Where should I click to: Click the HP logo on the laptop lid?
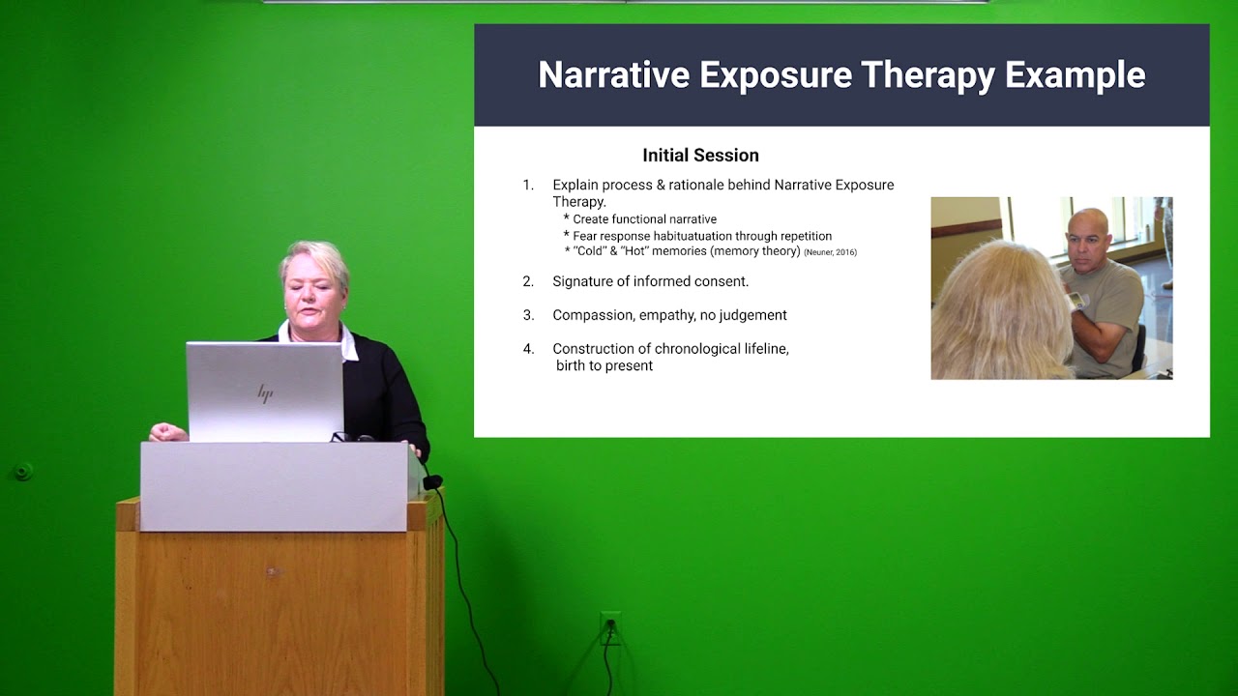[265, 393]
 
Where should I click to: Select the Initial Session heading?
[700, 155]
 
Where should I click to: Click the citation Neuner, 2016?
[830, 252]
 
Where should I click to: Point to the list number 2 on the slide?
[528, 281]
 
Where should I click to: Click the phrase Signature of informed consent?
[650, 281]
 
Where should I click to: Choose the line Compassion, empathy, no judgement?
[669, 315]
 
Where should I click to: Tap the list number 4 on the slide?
[528, 349]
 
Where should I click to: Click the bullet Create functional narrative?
[644, 219]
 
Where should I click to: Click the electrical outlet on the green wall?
[609, 627]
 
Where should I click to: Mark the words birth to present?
[604, 365]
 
